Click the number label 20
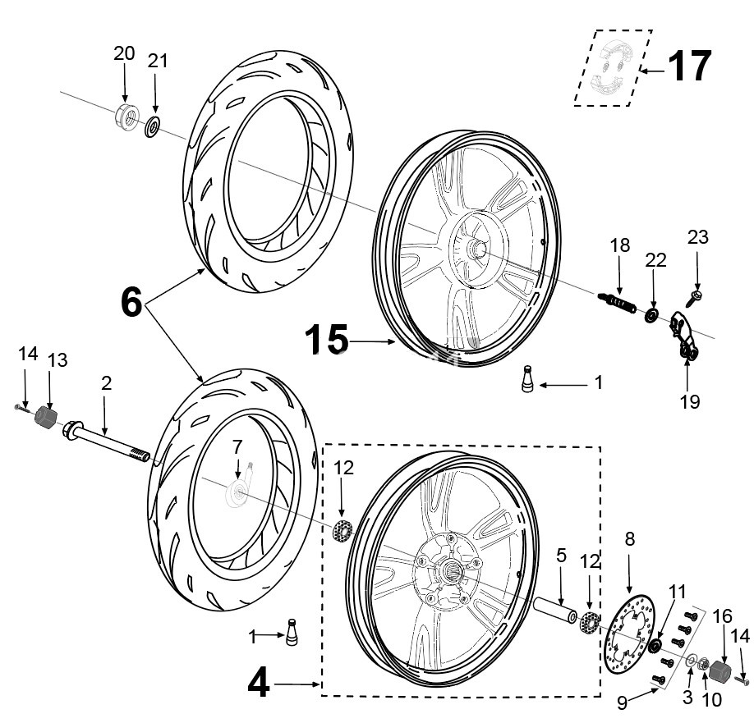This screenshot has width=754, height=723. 124,53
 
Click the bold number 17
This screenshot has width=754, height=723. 688,66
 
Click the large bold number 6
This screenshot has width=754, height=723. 131,304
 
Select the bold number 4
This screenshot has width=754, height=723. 259,683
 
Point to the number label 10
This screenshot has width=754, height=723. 710,699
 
